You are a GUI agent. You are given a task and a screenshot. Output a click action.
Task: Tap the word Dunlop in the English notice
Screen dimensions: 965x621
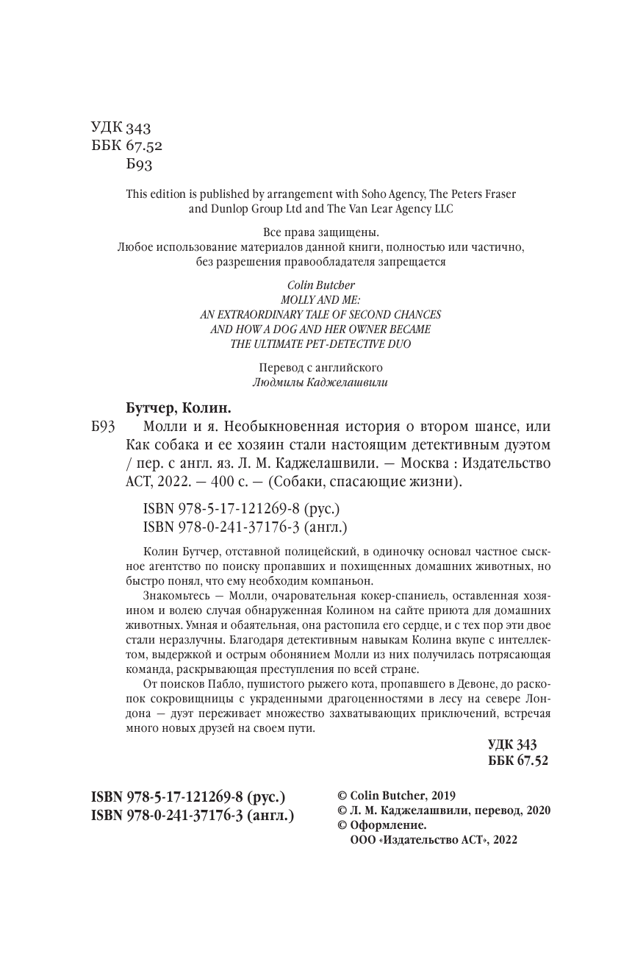[212, 209]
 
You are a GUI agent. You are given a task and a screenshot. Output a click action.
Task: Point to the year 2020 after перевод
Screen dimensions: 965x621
[534, 810]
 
